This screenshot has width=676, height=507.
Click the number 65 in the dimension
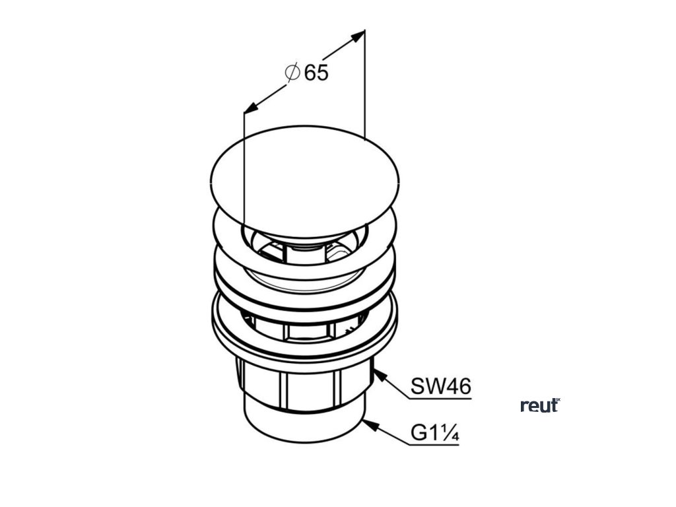(316, 73)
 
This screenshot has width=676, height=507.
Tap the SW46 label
(441, 386)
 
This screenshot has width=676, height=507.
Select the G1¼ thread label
(435, 434)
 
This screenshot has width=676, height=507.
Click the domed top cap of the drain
(305, 174)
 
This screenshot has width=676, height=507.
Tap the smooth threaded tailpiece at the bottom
(304, 426)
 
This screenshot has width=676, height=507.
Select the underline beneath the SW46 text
(441, 398)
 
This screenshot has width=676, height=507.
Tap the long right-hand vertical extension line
(365, 86)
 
